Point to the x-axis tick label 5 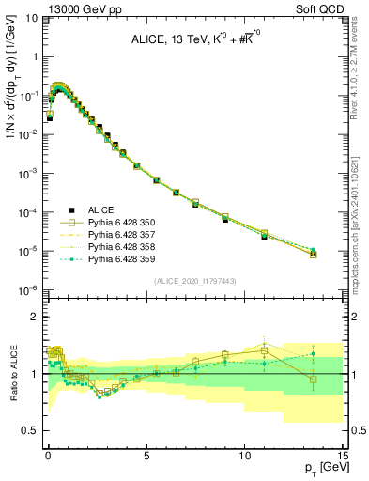coord(146,455)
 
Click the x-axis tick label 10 coord(244,455)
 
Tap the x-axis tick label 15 coord(342,455)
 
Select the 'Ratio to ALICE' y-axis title coord(11,373)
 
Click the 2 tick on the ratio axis coord(36,317)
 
